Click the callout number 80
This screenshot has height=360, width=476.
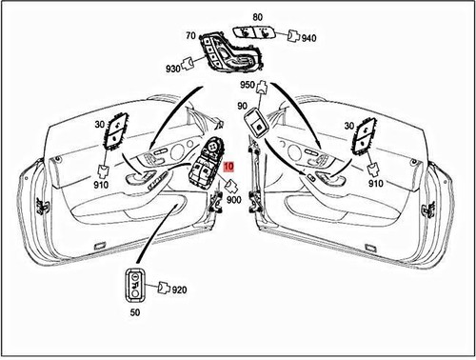click(x=257, y=16)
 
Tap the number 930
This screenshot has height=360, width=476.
click(x=172, y=70)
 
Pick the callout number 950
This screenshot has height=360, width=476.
click(x=248, y=85)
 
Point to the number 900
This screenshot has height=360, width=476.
click(x=234, y=203)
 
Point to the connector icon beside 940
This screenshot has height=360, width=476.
click(x=290, y=39)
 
